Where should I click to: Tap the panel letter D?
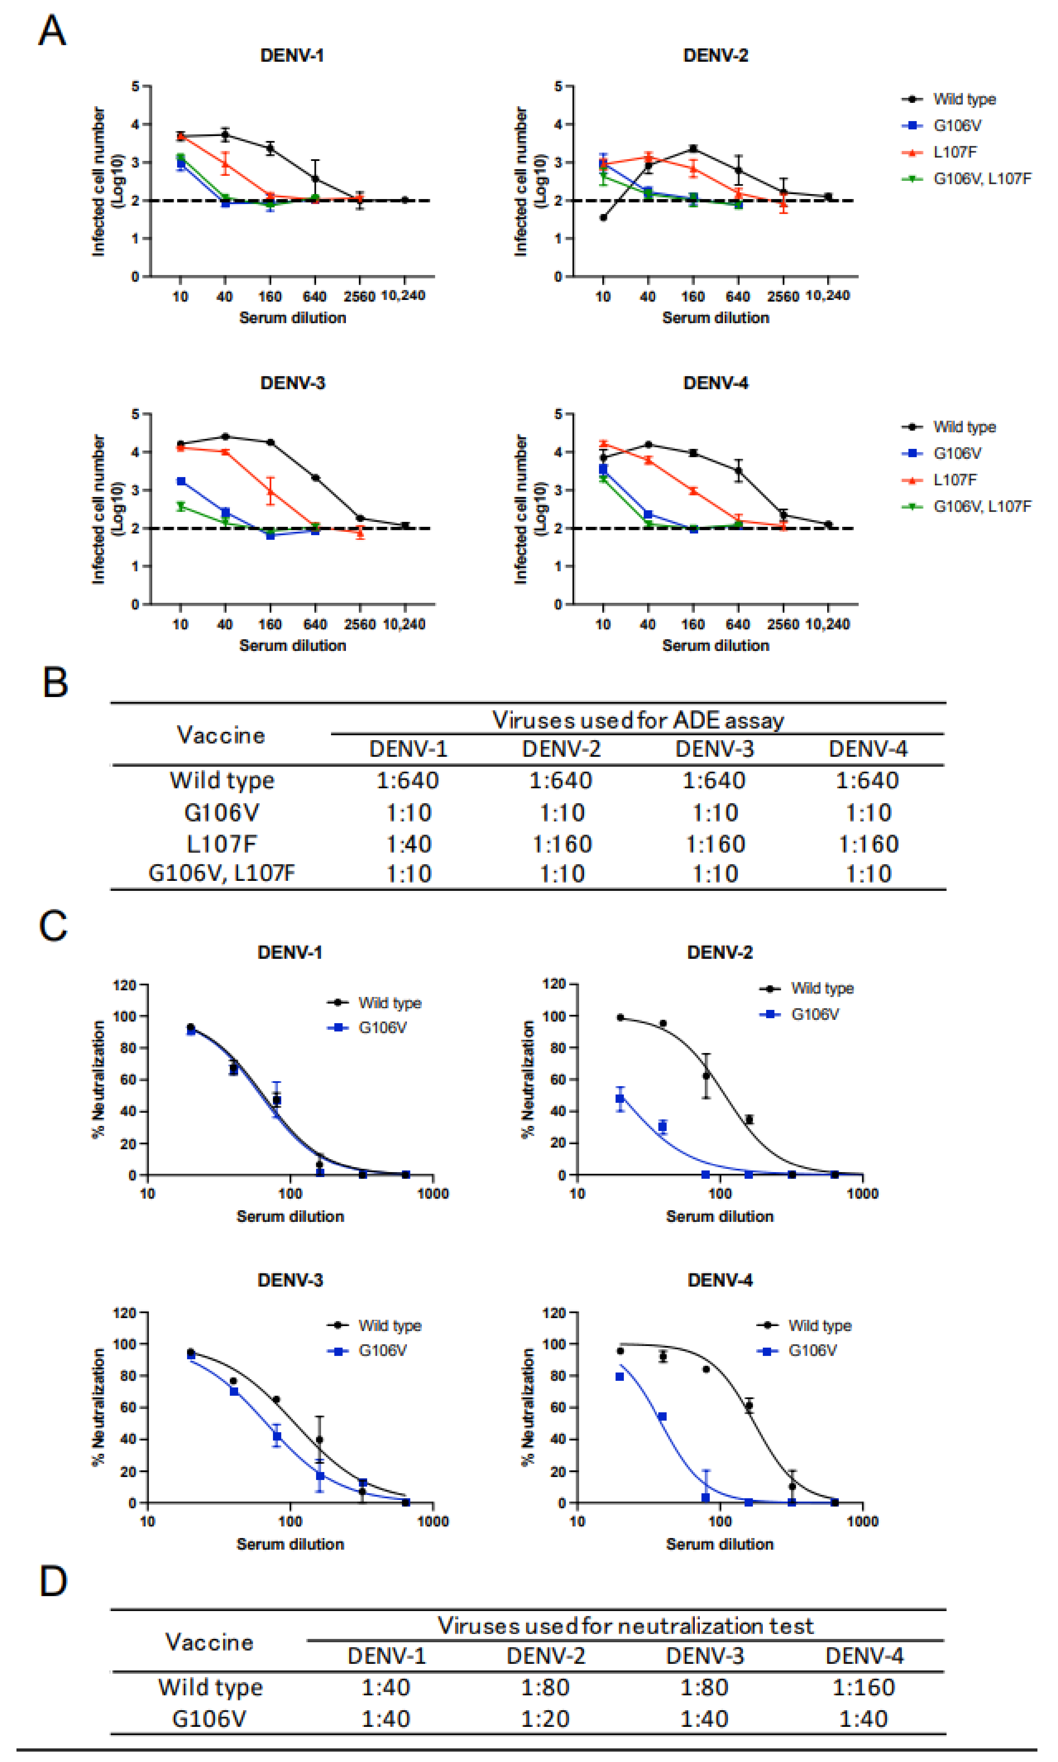[x=53, y=1582]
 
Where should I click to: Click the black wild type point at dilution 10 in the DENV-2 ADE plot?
[x=603, y=218]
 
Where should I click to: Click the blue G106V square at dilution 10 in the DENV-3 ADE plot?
[x=181, y=481]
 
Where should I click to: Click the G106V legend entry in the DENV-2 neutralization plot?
[x=814, y=1014]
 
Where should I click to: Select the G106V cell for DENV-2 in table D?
[x=545, y=1719]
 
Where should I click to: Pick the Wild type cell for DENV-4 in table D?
[x=863, y=1687]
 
